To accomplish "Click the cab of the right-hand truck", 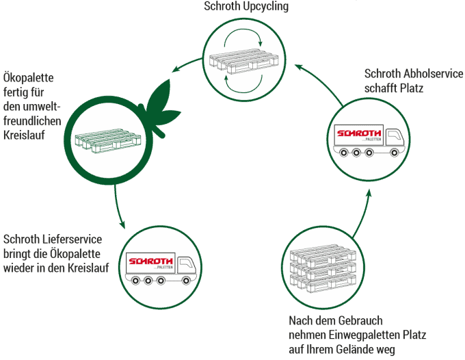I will (x=395, y=140).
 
